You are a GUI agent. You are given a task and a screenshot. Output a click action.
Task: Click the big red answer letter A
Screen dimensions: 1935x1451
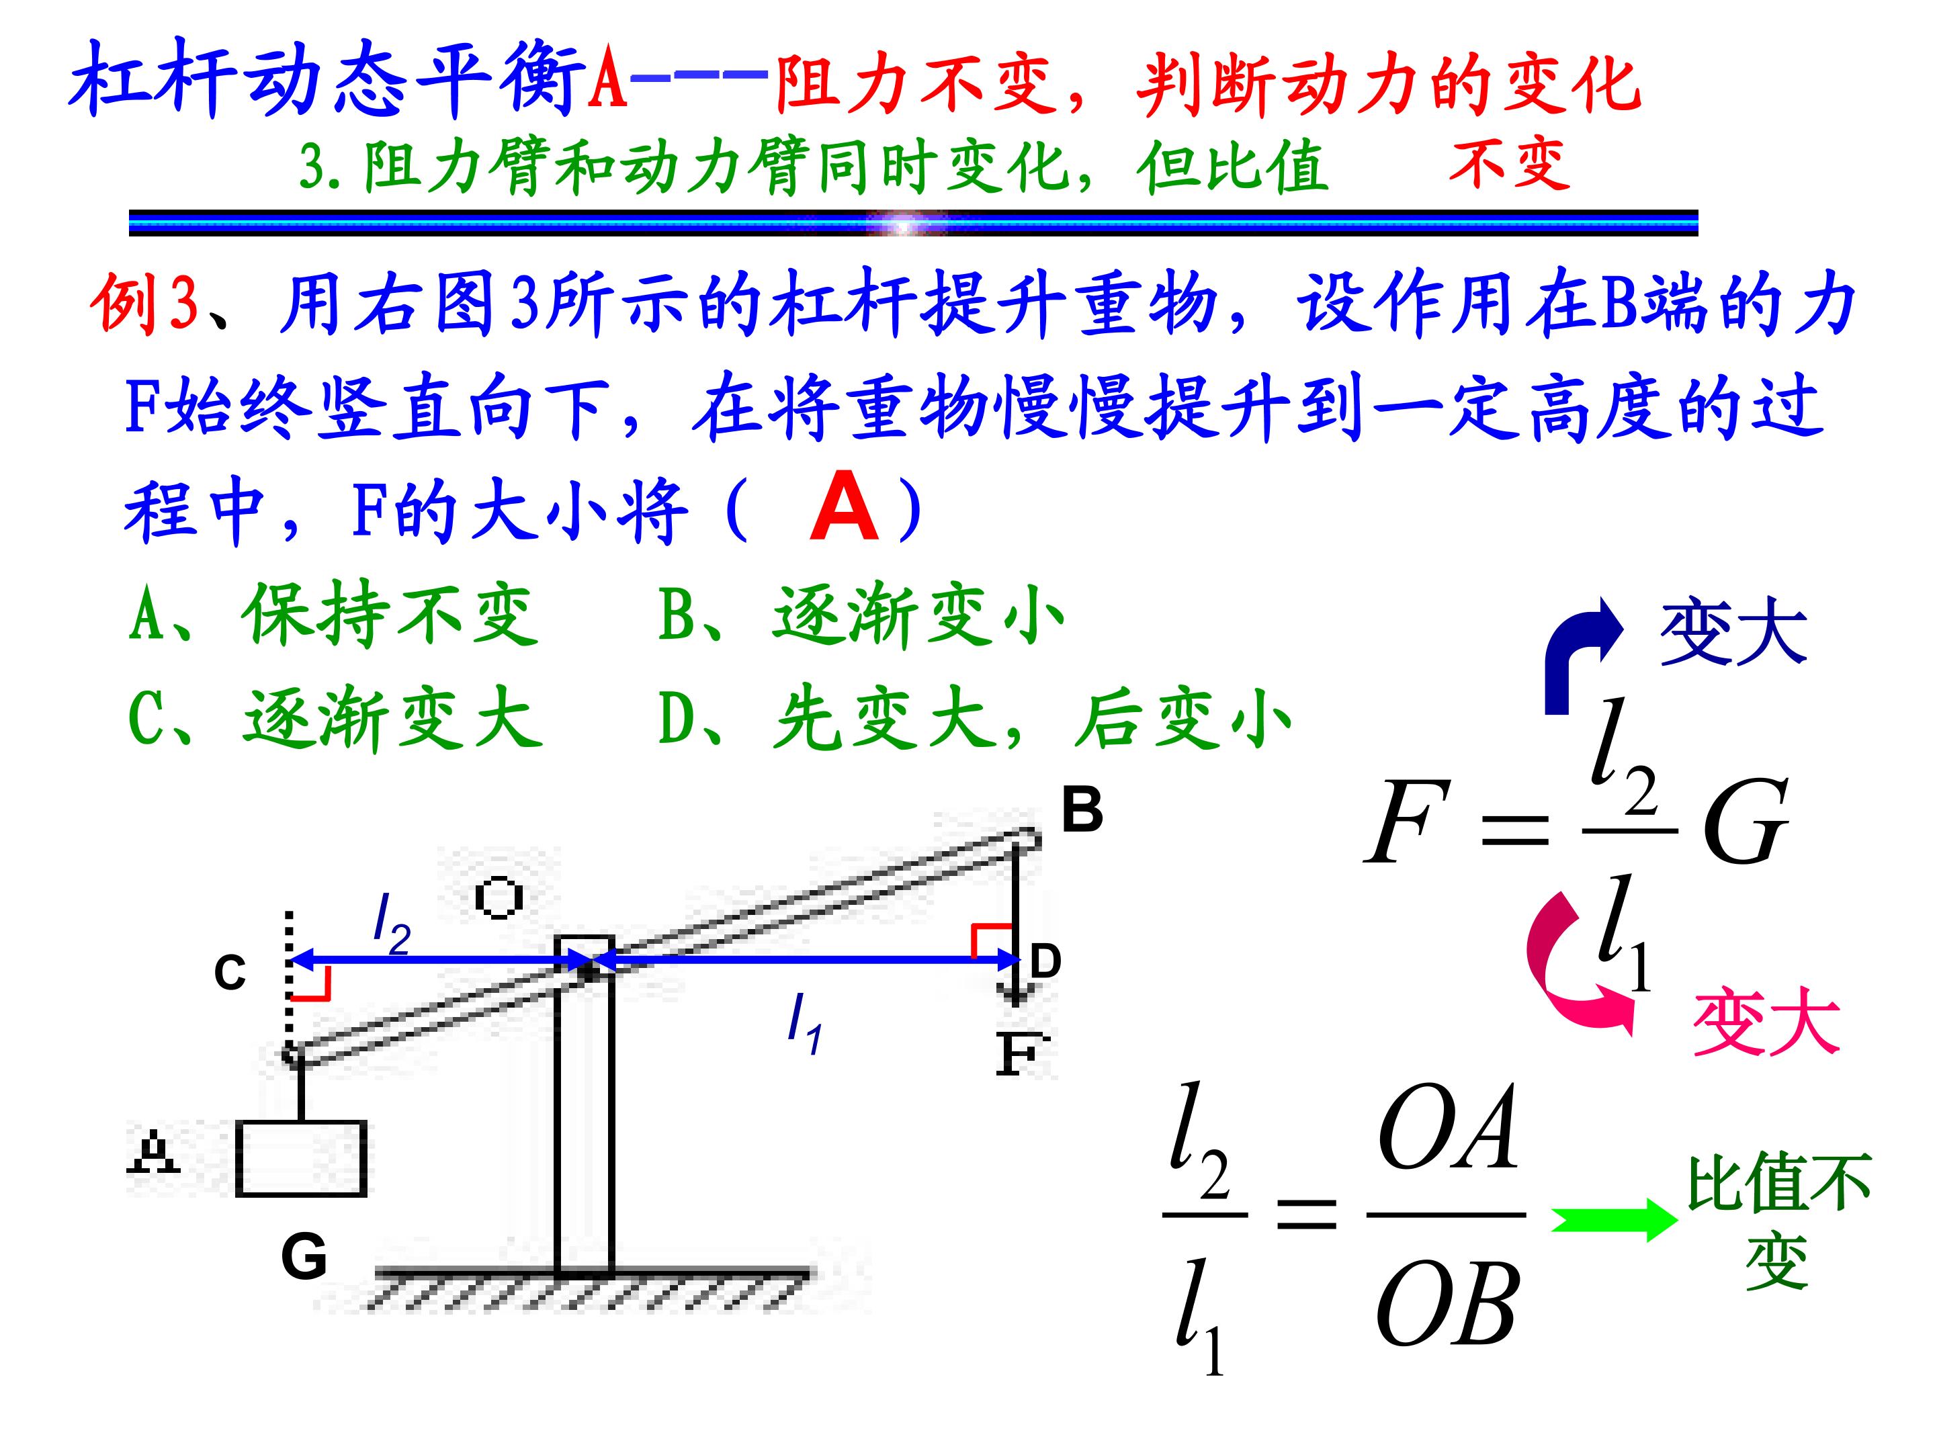click(844, 507)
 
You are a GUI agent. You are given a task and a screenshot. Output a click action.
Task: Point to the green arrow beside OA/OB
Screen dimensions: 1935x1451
click(1615, 1220)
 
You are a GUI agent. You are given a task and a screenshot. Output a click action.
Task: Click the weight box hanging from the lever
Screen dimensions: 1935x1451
click(301, 1158)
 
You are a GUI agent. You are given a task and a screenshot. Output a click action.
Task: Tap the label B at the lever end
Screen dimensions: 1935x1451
click(1082, 810)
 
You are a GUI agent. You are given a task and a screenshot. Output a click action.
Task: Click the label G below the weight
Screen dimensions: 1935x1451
click(304, 1257)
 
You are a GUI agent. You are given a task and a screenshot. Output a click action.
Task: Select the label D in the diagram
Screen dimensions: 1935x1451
click(1045, 961)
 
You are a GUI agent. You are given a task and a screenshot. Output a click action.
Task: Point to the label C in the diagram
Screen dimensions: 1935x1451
click(230, 973)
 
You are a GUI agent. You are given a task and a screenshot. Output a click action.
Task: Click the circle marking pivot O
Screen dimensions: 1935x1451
click(499, 897)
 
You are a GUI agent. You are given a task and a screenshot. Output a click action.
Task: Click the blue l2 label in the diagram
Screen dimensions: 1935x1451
click(392, 926)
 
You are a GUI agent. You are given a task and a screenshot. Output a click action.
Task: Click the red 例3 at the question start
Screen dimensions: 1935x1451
click(144, 304)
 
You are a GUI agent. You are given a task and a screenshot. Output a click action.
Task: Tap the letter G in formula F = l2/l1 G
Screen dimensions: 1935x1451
click(1744, 822)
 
